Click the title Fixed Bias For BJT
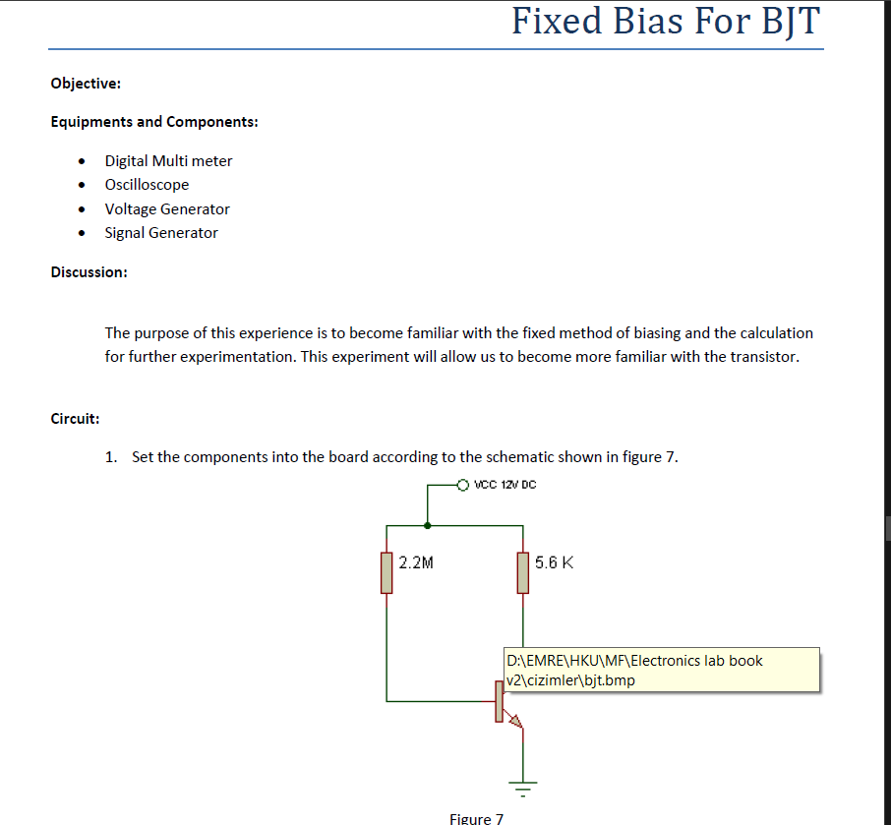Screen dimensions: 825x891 click(665, 21)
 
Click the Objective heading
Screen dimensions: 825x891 click(86, 84)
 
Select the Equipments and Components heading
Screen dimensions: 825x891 click(154, 122)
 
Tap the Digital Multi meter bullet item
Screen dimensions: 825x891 click(168, 160)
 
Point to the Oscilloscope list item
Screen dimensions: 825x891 click(147, 185)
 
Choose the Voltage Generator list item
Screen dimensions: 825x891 click(167, 208)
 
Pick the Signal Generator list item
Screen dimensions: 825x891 click(161, 233)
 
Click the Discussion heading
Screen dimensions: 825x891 click(89, 272)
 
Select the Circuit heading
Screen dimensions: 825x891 click(75, 419)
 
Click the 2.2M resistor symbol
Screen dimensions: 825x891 click(386, 573)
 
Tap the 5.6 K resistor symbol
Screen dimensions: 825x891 click(523, 573)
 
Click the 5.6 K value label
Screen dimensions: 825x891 click(555, 563)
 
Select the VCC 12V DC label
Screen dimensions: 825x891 click(505, 485)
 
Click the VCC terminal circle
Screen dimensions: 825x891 click(464, 485)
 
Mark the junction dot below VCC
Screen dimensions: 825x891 click(427, 525)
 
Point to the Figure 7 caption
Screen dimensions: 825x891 click(476, 818)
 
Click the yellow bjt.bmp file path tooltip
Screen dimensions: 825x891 click(660, 670)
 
